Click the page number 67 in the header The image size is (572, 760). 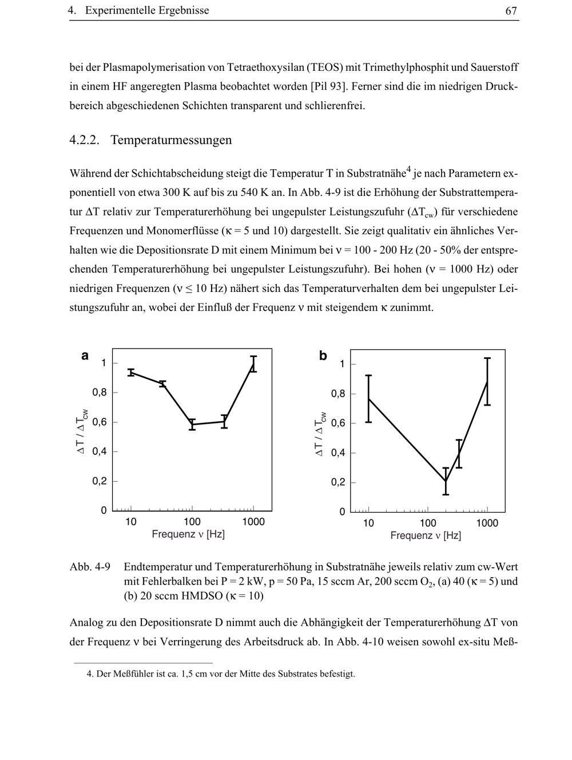(511, 10)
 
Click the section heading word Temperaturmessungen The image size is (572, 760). (171, 140)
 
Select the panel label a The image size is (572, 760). (85, 355)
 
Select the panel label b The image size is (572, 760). (323, 356)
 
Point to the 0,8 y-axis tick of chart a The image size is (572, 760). (100, 393)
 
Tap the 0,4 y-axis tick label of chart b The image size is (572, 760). (338, 453)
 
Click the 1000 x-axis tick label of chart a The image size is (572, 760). (253, 522)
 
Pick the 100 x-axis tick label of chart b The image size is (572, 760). (428, 523)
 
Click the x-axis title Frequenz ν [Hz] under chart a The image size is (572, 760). (188, 534)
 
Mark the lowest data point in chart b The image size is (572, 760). (446, 481)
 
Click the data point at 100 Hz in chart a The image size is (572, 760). (192, 425)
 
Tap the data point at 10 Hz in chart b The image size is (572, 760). (369, 398)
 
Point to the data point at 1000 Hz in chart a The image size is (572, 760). (253, 364)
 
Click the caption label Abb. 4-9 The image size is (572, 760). (90, 567)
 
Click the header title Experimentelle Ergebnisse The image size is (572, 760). (147, 10)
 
